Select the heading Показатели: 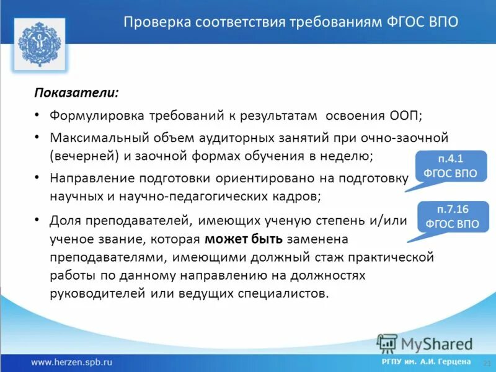(76, 92)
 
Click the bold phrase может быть (244, 239)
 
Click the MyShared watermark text (436, 343)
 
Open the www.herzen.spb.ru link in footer (72, 361)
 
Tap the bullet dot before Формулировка (37, 115)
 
